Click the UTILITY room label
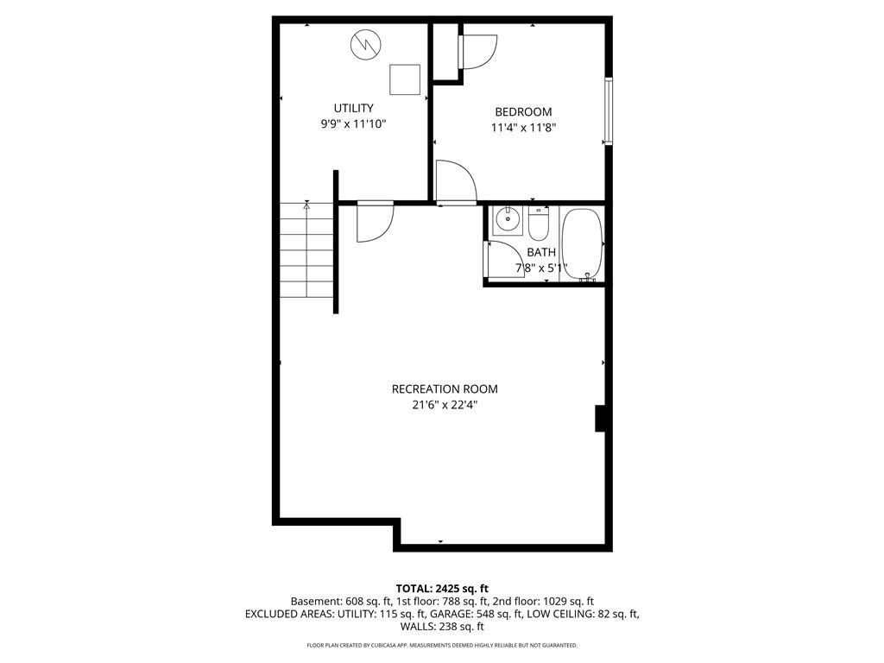[353, 108]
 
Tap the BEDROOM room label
[523, 111]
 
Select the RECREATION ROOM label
[445, 389]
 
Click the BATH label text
[541, 252]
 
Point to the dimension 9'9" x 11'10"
[353, 123]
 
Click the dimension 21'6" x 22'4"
[445, 405]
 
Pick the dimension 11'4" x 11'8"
[524, 128]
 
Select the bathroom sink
[508, 220]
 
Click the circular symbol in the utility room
[365, 44]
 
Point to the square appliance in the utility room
[405, 79]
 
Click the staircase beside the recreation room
[306, 249]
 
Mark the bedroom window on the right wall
[609, 111]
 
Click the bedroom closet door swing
[478, 52]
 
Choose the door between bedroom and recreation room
[456, 181]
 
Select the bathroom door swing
[505, 259]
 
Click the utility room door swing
[375, 222]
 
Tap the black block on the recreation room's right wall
[601, 419]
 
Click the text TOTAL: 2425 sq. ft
[442, 589]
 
